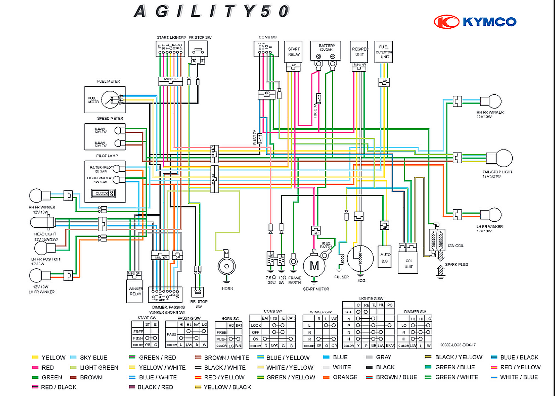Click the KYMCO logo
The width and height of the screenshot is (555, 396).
point(475,22)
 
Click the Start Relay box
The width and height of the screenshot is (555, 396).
point(293,52)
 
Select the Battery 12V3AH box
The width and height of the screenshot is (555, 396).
point(327,50)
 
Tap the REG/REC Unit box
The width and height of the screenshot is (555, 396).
point(359,52)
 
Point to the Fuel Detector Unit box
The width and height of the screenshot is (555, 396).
point(384,52)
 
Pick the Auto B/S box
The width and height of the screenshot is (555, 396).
point(385,257)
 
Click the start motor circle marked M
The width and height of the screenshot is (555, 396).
point(314,266)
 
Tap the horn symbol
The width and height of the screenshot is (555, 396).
point(227,266)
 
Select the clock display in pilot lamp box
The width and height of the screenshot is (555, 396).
point(103,193)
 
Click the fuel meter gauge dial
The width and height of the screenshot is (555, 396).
point(110,100)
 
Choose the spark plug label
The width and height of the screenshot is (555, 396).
point(456,265)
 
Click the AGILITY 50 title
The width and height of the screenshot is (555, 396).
point(212,11)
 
